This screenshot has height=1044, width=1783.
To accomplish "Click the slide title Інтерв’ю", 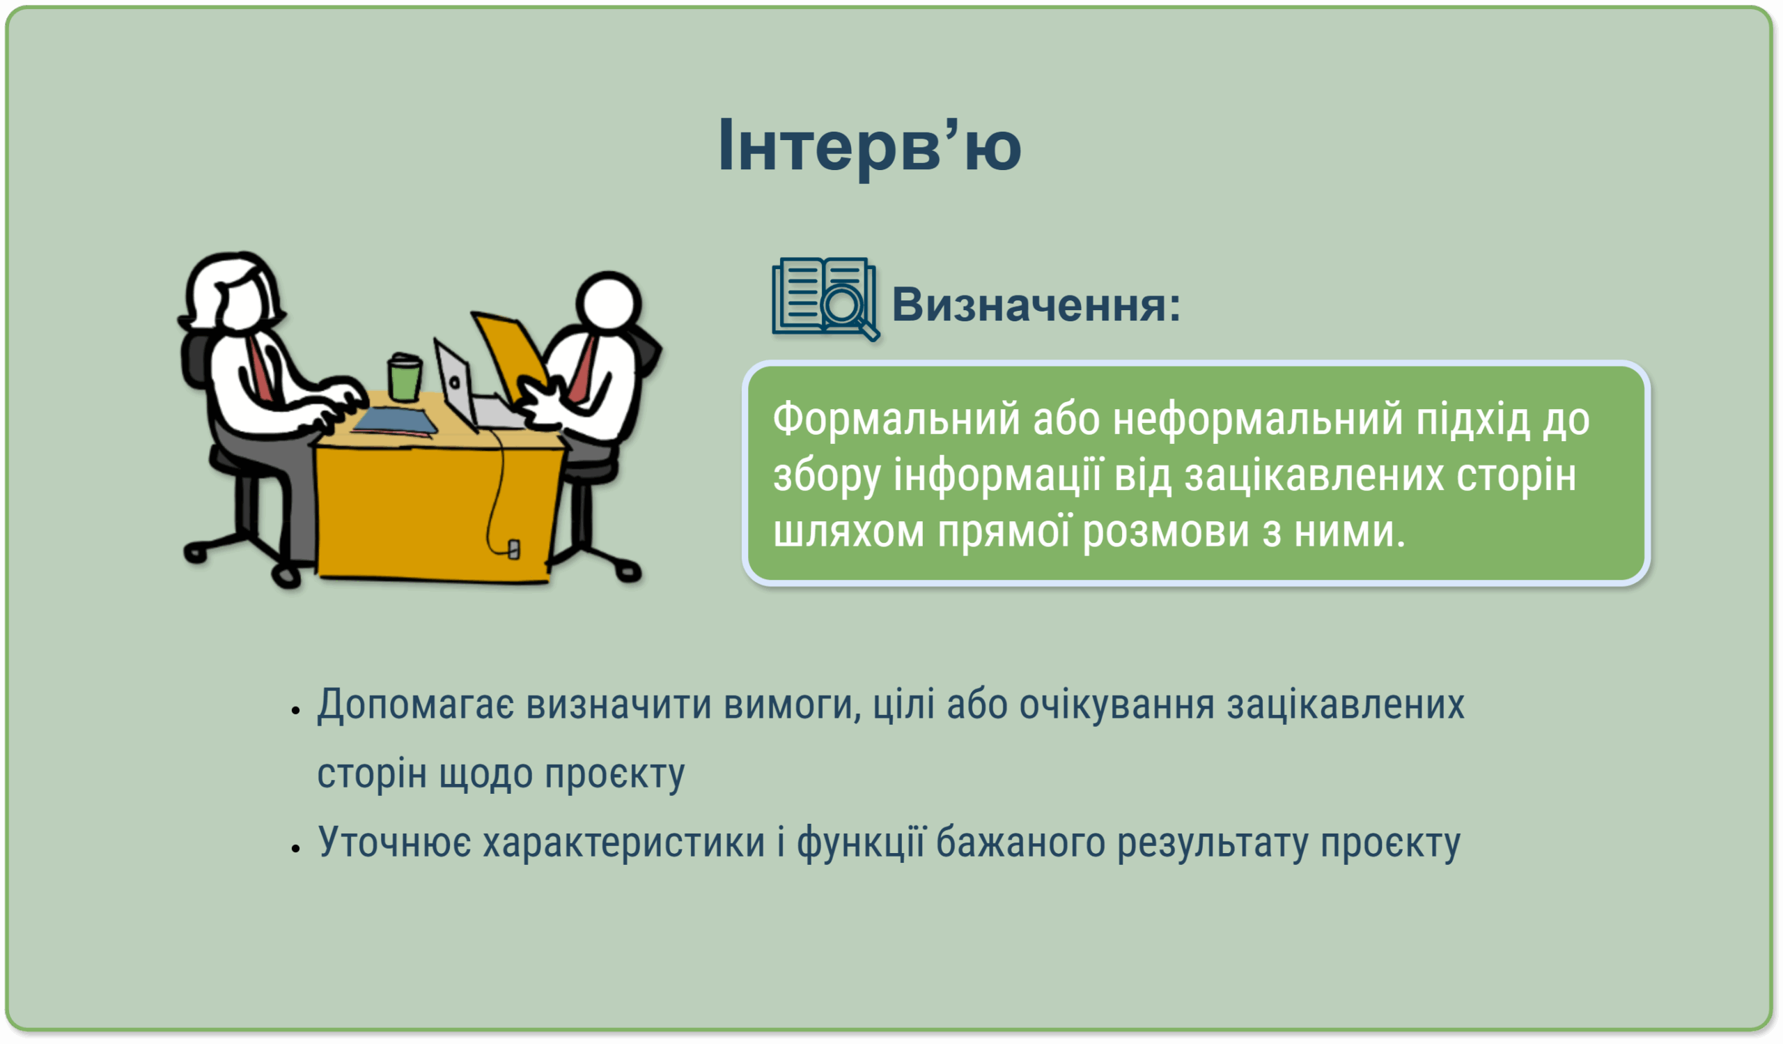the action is (870, 146).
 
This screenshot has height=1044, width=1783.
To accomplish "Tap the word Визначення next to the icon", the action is (1035, 305).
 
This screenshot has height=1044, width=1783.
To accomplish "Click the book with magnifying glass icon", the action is (826, 299).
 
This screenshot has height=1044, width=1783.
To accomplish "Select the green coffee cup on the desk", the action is (405, 378).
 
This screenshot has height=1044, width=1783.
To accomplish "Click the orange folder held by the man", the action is (508, 358).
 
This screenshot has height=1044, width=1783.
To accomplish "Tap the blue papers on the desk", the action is (395, 420).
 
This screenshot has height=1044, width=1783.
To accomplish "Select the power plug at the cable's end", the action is (515, 548).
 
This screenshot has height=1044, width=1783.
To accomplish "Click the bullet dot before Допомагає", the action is (296, 710).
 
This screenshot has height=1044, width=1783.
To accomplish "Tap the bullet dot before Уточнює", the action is (296, 847).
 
